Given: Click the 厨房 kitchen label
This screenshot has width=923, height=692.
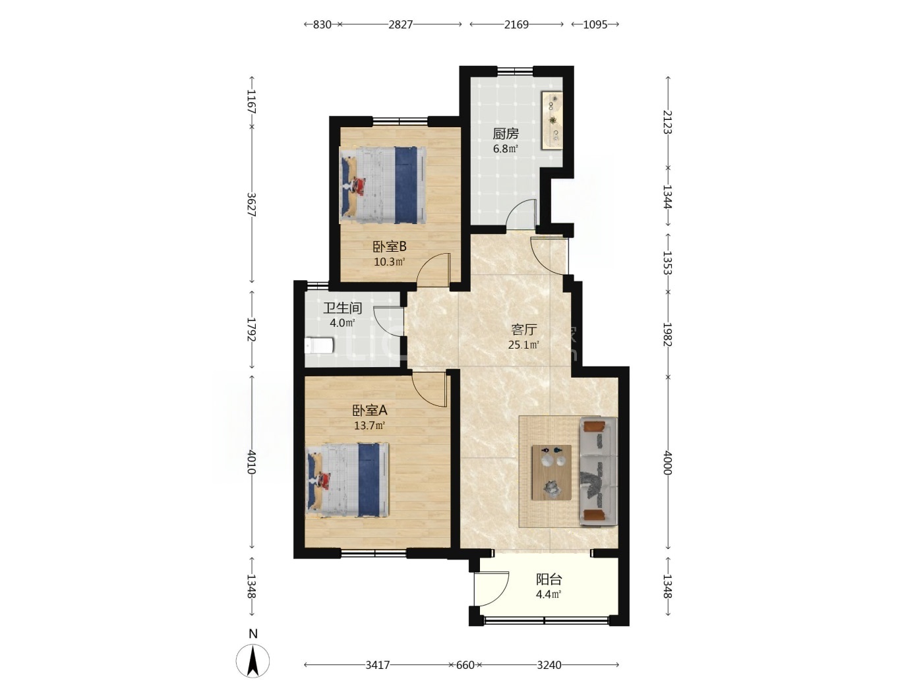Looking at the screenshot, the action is pyautogui.click(x=506, y=134).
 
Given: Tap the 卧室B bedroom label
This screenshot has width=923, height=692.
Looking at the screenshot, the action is pyautogui.click(x=390, y=246).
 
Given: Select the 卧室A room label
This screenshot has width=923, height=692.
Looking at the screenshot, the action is pyautogui.click(x=369, y=410).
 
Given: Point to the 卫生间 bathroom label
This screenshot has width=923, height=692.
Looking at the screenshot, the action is pyautogui.click(x=342, y=308).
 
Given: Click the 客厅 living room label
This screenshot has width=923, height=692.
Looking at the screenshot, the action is pyautogui.click(x=524, y=330).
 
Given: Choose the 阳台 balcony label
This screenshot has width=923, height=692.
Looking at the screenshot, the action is pyautogui.click(x=549, y=580).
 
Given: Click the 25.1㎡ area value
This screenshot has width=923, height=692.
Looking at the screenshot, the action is pyautogui.click(x=523, y=345).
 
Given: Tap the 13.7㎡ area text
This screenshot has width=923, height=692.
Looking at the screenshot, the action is pyautogui.click(x=369, y=426).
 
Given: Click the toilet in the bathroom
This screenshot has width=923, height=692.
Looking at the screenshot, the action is pyautogui.click(x=318, y=346).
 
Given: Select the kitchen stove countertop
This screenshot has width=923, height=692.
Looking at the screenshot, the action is pyautogui.click(x=552, y=120).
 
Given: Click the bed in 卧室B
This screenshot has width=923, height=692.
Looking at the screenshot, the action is pyautogui.click(x=382, y=185).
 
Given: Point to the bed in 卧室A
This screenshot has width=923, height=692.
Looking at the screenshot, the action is pyautogui.click(x=347, y=480).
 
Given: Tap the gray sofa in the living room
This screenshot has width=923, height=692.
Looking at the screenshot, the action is pyautogui.click(x=598, y=471).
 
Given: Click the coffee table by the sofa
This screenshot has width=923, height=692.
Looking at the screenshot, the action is pyautogui.click(x=552, y=473).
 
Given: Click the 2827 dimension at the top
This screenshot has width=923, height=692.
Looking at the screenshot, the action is pyautogui.click(x=400, y=24).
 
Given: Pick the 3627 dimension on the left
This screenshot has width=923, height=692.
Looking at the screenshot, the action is pyautogui.click(x=251, y=204).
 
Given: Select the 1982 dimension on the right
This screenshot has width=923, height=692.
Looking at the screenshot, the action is pyautogui.click(x=668, y=334).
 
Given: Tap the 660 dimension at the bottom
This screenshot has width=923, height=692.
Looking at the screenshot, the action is pyautogui.click(x=465, y=665).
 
